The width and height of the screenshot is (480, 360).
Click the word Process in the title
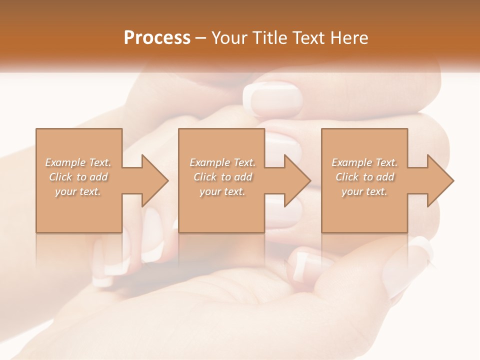tap(157, 38)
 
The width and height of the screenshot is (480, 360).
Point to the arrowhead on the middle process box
tap(296, 180)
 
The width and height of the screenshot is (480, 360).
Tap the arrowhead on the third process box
tap(439, 180)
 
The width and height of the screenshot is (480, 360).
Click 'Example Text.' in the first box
tap(78, 162)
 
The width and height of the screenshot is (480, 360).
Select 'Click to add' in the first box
tap(78, 177)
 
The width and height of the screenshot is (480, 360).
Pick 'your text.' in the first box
tap(78, 191)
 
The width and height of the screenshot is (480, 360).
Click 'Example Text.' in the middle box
tap(222, 162)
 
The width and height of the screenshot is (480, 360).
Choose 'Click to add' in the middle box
tap(222, 177)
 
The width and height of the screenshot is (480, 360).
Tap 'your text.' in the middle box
tap(222, 191)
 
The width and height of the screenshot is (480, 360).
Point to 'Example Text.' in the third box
tap(364, 162)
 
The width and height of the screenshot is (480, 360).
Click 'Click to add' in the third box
tap(364, 177)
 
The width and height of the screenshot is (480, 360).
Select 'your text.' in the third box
tap(364, 191)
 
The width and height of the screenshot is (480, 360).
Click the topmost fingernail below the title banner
tap(273, 99)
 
